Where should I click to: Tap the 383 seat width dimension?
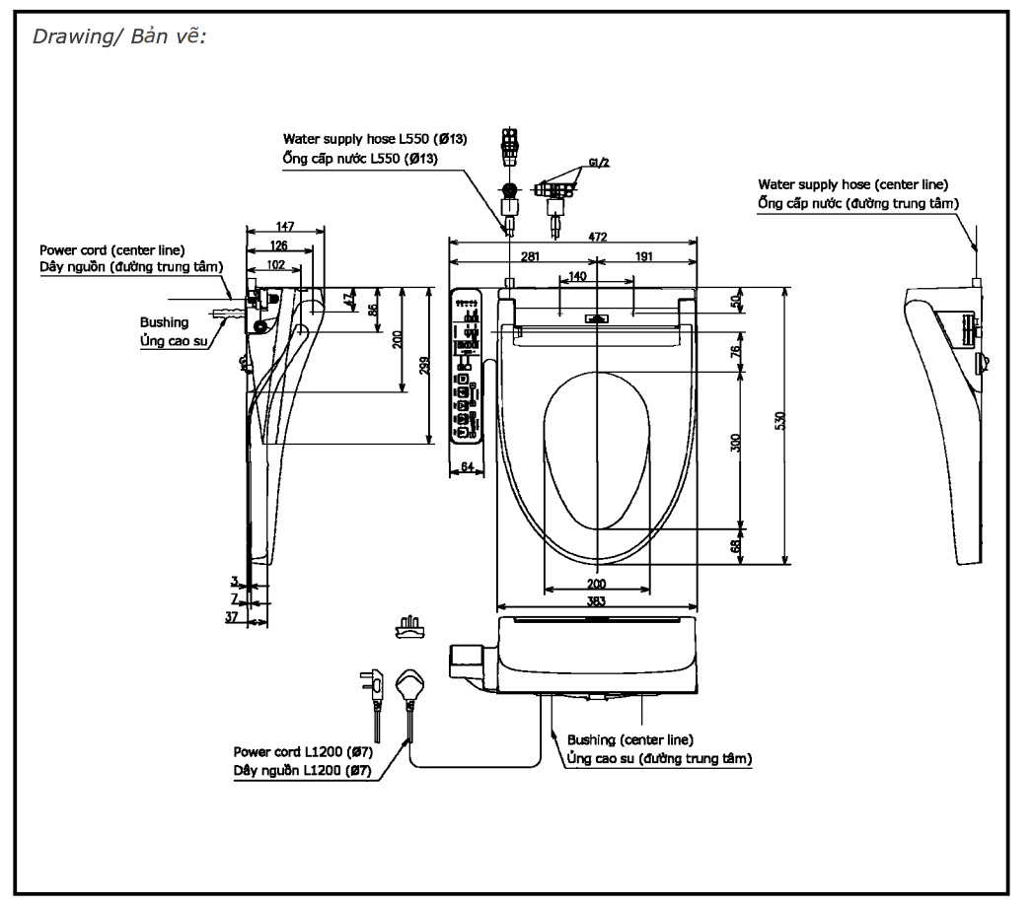pyautogui.click(x=596, y=600)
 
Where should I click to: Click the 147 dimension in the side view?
pyautogui.click(x=285, y=227)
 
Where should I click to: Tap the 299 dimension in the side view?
pyautogui.click(x=423, y=365)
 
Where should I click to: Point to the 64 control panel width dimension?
pyautogui.click(x=468, y=465)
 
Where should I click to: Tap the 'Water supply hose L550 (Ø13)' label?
pyautogui.click(x=375, y=140)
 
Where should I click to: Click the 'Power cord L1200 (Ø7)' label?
pyautogui.click(x=302, y=752)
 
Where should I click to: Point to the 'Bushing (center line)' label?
pyautogui.click(x=629, y=738)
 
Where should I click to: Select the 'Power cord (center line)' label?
pyautogui.click(x=111, y=250)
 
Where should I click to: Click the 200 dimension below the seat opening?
pyautogui.click(x=596, y=583)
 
